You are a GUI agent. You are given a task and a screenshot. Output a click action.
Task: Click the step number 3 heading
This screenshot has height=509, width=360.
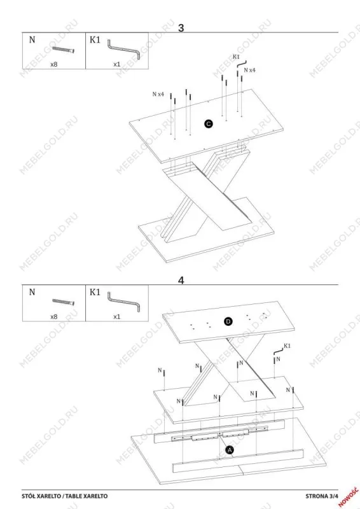181,28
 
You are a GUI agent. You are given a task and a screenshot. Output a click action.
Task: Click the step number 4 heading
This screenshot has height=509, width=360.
181,280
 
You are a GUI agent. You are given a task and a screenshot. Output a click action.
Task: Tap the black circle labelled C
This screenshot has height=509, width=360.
209,123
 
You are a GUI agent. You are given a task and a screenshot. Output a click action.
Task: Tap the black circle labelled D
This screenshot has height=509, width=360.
228,321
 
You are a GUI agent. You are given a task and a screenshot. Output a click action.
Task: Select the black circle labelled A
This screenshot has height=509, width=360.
230,450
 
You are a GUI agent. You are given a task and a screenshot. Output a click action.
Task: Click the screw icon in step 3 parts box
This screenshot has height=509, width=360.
64,49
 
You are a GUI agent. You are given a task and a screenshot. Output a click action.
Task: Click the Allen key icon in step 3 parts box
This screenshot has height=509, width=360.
124,50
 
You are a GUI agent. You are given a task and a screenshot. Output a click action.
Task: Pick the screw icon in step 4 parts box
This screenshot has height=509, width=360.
64,302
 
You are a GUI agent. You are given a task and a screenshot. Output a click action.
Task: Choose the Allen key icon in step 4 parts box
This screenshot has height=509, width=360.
124,302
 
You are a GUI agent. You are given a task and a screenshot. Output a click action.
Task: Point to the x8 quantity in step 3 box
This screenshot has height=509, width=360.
54,64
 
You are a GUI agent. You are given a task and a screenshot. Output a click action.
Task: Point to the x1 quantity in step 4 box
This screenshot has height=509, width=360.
117,316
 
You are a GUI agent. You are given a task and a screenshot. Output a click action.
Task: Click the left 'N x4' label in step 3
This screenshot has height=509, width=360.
158,94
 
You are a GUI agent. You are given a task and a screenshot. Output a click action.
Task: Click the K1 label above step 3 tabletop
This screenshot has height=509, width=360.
236,57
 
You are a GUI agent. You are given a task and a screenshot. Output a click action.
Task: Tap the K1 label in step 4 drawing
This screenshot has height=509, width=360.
287,345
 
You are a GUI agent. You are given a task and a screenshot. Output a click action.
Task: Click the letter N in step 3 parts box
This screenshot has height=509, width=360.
32,39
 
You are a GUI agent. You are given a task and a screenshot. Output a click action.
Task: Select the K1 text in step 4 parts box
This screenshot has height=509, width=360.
95,292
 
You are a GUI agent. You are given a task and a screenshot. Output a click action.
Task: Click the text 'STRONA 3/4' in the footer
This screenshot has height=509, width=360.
322,496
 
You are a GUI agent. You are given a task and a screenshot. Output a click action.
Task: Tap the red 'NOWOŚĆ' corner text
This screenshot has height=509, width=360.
349,497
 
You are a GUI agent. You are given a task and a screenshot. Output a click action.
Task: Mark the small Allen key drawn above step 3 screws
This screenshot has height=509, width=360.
242,64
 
